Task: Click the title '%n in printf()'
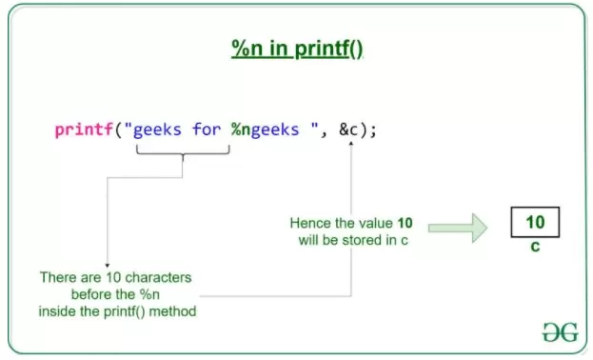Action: pos(297,49)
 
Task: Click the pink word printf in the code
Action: pos(84,130)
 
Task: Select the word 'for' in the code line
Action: pos(207,130)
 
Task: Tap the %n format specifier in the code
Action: pos(241,130)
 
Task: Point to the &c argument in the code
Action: pos(348,130)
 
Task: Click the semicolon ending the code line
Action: pos(373,131)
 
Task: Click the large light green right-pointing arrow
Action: pos(458,228)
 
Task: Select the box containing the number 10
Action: pos(535,222)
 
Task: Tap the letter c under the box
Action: pos(535,247)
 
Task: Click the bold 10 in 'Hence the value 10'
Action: pos(405,223)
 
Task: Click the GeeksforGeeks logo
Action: pos(561,332)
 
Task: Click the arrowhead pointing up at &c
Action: pos(351,144)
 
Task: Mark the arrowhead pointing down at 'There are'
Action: pos(107,266)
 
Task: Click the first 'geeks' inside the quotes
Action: pos(157,130)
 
